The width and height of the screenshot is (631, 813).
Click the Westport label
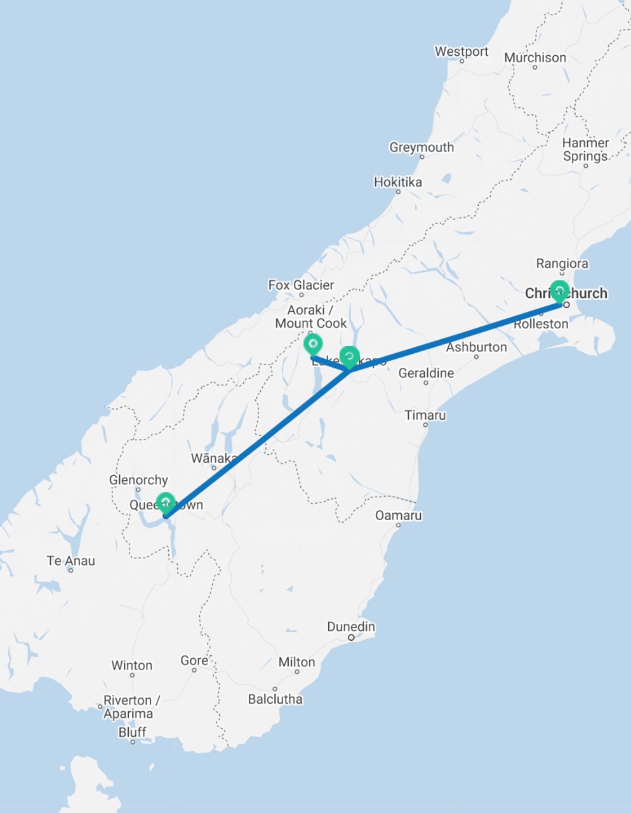coord(462,51)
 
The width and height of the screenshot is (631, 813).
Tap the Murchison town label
coord(535,57)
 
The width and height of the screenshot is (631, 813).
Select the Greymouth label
coord(422,147)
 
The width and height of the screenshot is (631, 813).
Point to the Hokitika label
coord(397,182)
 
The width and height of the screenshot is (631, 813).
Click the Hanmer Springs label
coord(585,149)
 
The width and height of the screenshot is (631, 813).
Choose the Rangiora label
coord(562,264)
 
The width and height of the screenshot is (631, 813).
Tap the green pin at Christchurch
coord(559,291)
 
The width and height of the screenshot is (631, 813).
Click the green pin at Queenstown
coord(166,502)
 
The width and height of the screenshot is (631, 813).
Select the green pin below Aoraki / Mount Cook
coord(312,345)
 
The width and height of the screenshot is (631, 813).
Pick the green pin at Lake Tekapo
coord(350,356)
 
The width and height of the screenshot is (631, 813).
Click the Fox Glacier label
coord(301,285)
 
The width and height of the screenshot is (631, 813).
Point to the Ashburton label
coord(476,347)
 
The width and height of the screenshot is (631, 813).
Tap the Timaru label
coord(425,415)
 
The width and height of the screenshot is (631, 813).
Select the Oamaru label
coord(398,515)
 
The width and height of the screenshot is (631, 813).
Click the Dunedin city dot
coord(351,637)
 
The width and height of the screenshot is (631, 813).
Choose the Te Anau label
coord(71,561)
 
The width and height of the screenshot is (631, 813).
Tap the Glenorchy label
coord(138,480)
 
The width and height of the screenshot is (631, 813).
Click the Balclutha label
coord(275,699)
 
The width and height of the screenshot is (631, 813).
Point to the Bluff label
coord(132,732)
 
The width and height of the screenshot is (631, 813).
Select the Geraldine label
coord(426,373)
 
